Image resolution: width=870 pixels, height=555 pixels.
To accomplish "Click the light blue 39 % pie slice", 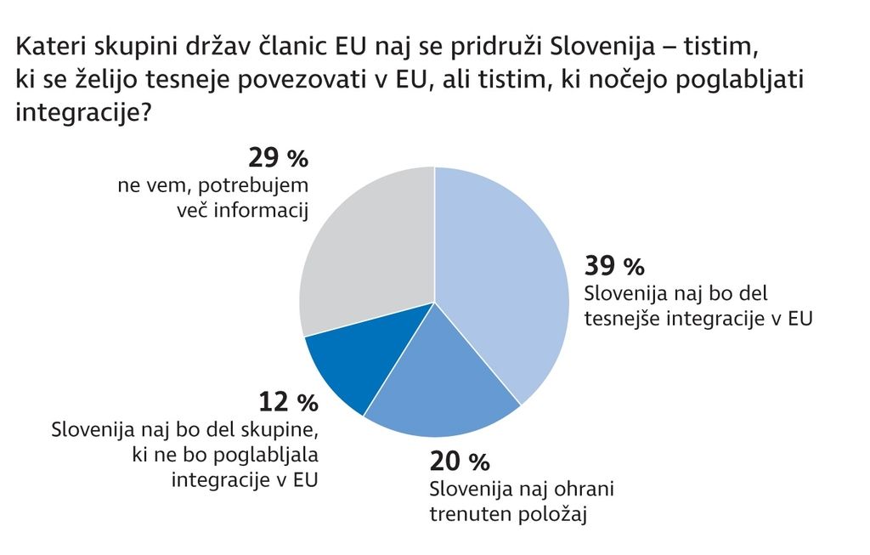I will tap(501, 272).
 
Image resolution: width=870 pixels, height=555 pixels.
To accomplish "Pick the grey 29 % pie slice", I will tap(365, 246).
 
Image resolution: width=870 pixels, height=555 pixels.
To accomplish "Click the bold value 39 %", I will tap(614, 266).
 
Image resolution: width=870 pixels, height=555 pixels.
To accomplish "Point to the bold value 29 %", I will tap(278, 158).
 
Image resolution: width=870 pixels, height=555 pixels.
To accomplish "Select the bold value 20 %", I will tap(460, 462).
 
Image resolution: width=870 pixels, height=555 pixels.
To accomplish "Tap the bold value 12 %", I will tap(288, 401).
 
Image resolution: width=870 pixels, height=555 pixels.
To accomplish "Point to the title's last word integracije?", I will tap(84, 110).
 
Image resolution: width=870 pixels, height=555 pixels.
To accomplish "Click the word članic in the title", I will tap(297, 44).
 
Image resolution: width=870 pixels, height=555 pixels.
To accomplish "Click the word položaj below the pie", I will tap(554, 514).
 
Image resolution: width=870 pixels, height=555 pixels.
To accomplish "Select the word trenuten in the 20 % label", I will tap(469, 514).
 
